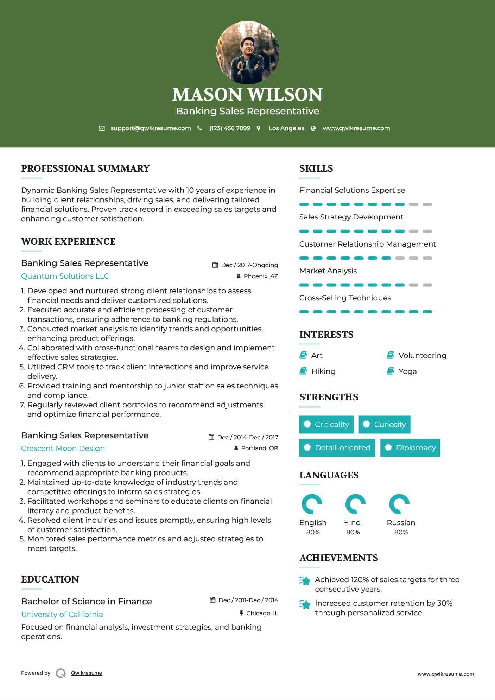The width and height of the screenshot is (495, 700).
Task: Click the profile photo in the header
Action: (248, 53)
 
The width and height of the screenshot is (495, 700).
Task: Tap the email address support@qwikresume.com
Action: (151, 128)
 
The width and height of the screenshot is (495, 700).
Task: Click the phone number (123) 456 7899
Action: (230, 128)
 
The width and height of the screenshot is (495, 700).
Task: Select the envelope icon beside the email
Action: (102, 128)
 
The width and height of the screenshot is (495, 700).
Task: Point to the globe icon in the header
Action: (313, 128)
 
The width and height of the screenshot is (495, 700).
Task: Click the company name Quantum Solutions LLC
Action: (65, 276)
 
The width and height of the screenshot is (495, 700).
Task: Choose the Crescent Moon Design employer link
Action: (63, 448)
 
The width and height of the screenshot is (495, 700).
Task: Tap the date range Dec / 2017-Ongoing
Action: (249, 265)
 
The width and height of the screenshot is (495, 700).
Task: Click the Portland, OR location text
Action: (259, 448)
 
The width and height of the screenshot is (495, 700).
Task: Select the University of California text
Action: (62, 615)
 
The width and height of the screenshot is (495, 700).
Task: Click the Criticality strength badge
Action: (326, 425)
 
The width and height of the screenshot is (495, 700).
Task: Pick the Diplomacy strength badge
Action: (410, 448)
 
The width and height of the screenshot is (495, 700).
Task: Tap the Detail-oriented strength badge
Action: (337, 448)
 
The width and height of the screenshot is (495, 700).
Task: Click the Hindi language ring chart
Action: (355, 504)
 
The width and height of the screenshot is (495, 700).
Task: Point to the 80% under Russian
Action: (401, 532)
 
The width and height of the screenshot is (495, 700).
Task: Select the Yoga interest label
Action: (407, 371)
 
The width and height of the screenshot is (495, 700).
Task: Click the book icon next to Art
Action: (303, 355)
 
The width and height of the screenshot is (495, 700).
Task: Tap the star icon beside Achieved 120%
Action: (305, 581)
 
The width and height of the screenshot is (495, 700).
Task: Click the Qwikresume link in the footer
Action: (87, 673)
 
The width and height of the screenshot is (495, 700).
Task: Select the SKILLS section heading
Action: (316, 168)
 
